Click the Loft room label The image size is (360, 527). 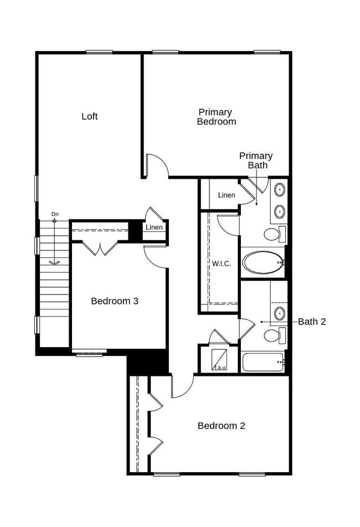tap(90, 116)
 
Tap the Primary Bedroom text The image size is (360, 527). tap(216, 117)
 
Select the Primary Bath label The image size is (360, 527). tap(256, 161)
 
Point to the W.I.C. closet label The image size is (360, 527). tap(222, 263)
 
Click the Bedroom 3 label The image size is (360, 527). tap(115, 301)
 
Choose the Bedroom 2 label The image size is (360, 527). tap(222, 426)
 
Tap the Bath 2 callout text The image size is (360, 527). tap(312, 322)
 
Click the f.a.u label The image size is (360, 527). tap(220, 367)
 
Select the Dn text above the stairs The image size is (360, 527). tap(55, 214)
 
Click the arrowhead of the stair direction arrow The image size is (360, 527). tap(54, 262)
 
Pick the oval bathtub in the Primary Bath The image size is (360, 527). tap(263, 262)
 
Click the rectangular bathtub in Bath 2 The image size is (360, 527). tap(263, 362)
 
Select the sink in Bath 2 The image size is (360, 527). tap(280, 314)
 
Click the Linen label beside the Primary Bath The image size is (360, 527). tap(227, 195)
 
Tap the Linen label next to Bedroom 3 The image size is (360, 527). tap(154, 228)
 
